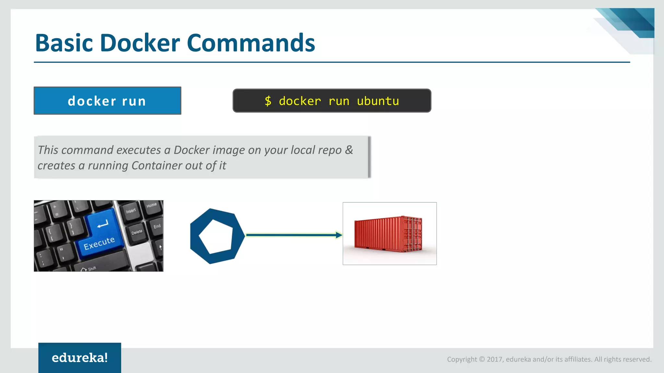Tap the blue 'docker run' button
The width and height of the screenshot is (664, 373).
tap(107, 101)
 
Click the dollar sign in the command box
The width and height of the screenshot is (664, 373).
tap(268, 101)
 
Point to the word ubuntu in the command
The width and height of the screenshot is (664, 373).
tap(378, 101)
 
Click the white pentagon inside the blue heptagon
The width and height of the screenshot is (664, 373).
tap(216, 236)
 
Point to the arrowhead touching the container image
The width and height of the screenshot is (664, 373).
tap(339, 235)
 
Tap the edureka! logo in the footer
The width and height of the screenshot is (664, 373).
tap(80, 358)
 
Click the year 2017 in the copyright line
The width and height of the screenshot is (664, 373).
tap(495, 359)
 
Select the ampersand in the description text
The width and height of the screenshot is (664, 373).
tap(349, 150)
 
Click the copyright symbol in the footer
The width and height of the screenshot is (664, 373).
tap(482, 359)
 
